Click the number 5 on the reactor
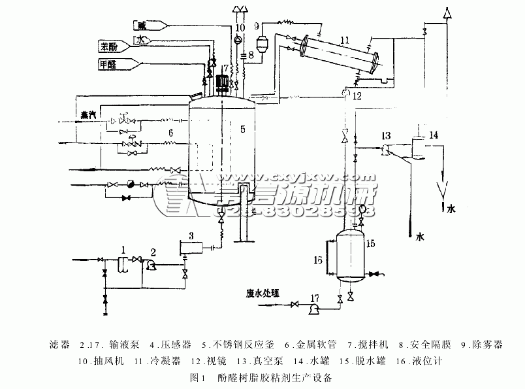tap(242, 129)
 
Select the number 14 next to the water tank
tap(434, 136)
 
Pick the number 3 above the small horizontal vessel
tap(191, 235)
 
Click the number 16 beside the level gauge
tap(319, 260)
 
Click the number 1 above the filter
tap(122, 249)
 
